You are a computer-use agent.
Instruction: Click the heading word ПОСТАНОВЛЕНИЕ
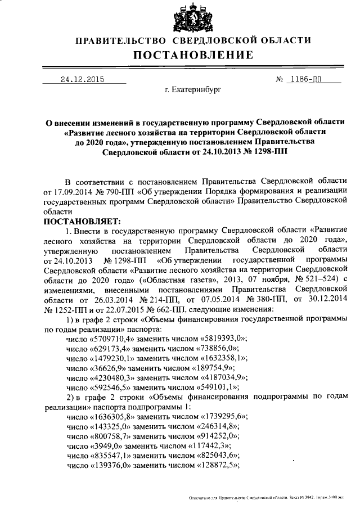tap(193, 55)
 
